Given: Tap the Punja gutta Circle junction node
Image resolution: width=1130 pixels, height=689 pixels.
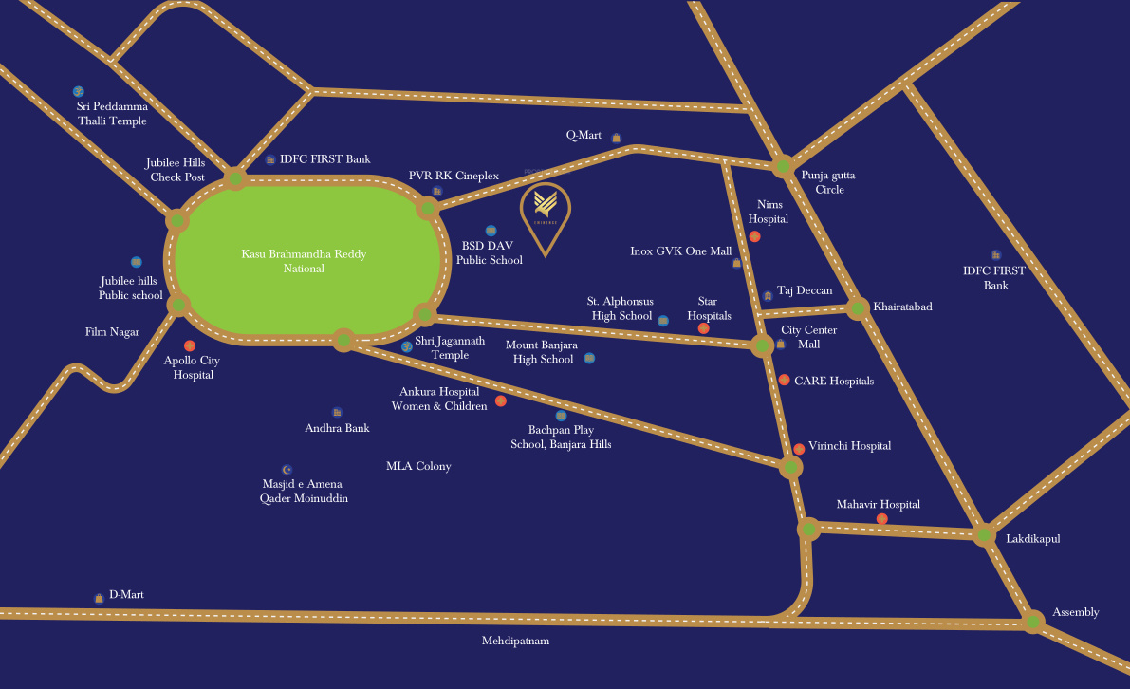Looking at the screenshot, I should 783,167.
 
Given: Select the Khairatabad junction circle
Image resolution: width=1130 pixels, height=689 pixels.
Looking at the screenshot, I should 858,307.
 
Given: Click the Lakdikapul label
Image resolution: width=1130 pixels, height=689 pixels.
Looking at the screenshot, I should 1032,538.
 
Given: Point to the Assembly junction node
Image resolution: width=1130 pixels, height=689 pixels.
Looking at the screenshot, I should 1033,623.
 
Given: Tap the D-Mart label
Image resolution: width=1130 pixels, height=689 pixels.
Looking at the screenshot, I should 126,595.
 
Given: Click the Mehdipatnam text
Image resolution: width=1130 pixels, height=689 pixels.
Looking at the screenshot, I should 515,641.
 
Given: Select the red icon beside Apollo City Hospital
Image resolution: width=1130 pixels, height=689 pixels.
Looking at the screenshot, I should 190,345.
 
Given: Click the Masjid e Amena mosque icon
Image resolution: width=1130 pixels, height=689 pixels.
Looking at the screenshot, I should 287,469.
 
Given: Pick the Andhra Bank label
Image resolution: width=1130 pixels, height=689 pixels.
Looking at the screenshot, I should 337,428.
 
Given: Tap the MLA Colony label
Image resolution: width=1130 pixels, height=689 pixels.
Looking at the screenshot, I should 418,466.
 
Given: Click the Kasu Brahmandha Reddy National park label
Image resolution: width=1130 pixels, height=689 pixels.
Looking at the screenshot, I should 304,261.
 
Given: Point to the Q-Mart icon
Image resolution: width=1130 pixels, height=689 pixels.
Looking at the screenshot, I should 616,138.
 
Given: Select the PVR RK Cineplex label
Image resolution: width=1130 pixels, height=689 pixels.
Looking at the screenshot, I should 454,176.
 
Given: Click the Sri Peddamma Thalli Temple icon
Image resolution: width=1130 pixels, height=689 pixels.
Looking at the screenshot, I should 79,91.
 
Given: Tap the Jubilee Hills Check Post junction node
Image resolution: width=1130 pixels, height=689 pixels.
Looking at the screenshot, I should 235,178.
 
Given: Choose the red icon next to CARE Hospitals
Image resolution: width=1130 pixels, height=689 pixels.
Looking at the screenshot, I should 784,380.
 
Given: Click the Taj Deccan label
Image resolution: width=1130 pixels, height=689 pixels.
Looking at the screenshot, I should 805,291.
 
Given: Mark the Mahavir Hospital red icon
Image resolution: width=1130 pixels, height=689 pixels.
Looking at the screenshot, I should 882,518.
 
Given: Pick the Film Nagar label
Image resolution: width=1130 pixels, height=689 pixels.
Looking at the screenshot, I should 112,332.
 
